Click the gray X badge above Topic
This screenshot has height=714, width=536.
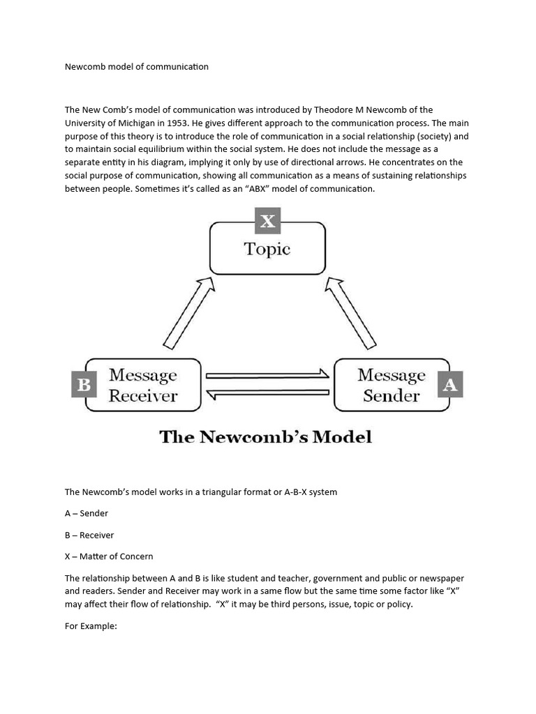(x=267, y=222)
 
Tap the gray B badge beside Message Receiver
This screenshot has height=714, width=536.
(x=84, y=385)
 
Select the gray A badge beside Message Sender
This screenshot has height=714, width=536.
(x=450, y=385)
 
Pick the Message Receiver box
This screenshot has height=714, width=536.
(x=143, y=385)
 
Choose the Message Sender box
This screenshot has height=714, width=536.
(x=391, y=385)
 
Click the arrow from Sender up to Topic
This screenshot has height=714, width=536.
(x=351, y=312)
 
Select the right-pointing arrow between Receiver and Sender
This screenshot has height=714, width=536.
(x=267, y=374)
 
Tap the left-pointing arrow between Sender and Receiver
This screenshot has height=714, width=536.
(x=267, y=395)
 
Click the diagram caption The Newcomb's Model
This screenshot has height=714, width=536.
(x=266, y=437)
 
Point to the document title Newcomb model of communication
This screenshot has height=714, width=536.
(x=137, y=67)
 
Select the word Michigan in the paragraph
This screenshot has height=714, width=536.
(x=133, y=123)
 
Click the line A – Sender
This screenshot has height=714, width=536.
(x=87, y=513)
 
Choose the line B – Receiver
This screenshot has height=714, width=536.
(x=89, y=535)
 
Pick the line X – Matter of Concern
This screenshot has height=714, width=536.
(x=109, y=556)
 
